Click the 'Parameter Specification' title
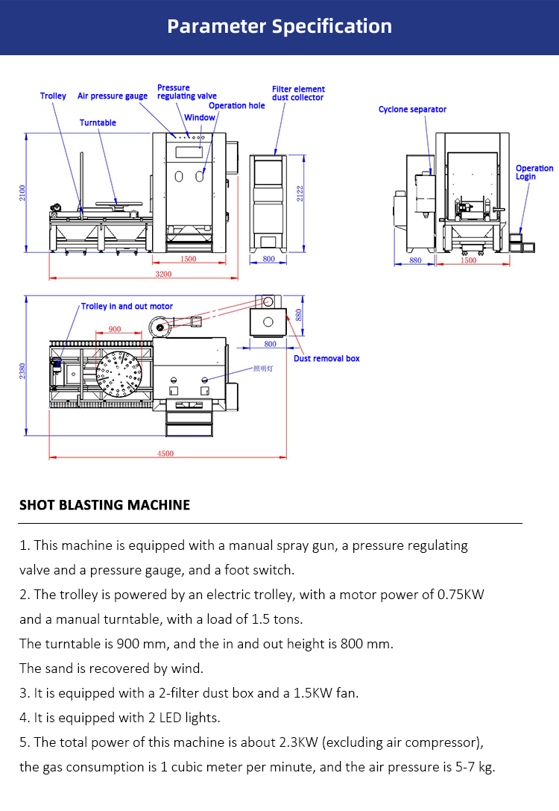pyautogui.click(x=279, y=26)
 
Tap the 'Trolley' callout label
pyautogui.click(x=53, y=96)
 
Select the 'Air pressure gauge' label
pyautogui.click(x=113, y=96)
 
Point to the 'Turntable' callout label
pyautogui.click(x=98, y=122)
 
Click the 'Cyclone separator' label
pyautogui.click(x=412, y=110)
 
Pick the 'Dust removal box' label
pyautogui.click(x=326, y=359)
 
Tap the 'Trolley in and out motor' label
pyautogui.click(x=127, y=307)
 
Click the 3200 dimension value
pyautogui.click(x=163, y=274)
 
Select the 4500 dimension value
pyautogui.click(x=165, y=454)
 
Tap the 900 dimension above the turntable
pyautogui.click(x=115, y=329)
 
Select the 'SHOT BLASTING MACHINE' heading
pyautogui.click(x=104, y=505)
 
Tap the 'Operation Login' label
pyautogui.click(x=534, y=172)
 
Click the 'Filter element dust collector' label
pyautogui.click(x=298, y=93)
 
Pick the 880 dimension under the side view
pyautogui.click(x=415, y=260)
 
